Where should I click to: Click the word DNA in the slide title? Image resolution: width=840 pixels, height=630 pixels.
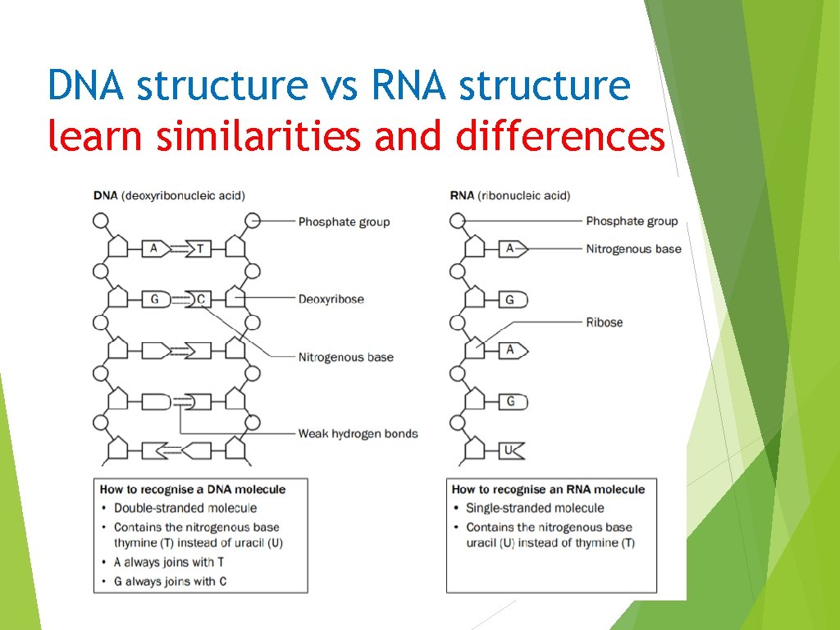point(85,85)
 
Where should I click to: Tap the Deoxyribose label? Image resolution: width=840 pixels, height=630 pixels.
point(331,299)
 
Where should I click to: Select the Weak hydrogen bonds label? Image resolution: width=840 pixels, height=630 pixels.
point(358,434)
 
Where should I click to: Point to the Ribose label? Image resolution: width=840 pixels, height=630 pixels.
point(604,322)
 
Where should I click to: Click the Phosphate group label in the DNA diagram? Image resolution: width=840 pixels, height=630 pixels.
point(344,221)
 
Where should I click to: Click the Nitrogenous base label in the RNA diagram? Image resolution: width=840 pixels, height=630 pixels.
point(633,249)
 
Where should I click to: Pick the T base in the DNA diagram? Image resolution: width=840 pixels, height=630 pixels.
point(199,248)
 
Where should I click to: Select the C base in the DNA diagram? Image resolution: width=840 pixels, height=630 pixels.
point(200,299)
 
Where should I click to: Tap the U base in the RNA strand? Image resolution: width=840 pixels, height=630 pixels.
point(509,450)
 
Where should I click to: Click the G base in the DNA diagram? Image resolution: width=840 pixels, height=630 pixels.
point(154,299)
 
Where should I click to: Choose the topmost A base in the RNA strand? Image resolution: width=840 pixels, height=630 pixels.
point(510,248)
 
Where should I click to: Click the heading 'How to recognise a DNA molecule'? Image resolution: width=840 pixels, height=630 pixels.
point(193,490)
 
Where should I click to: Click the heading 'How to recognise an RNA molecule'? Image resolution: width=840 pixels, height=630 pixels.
point(548,490)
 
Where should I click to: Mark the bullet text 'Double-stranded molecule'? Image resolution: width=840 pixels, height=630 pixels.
point(185,509)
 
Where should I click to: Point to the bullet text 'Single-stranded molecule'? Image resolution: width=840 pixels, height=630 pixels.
point(535,509)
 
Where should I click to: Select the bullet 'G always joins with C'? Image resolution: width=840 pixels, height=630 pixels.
point(171,582)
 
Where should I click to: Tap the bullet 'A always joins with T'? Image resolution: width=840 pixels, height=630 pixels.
point(170,563)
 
